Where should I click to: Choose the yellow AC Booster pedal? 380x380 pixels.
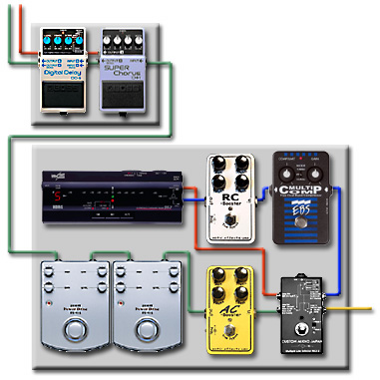pos(230,308)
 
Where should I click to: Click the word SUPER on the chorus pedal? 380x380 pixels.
pos(124,68)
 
